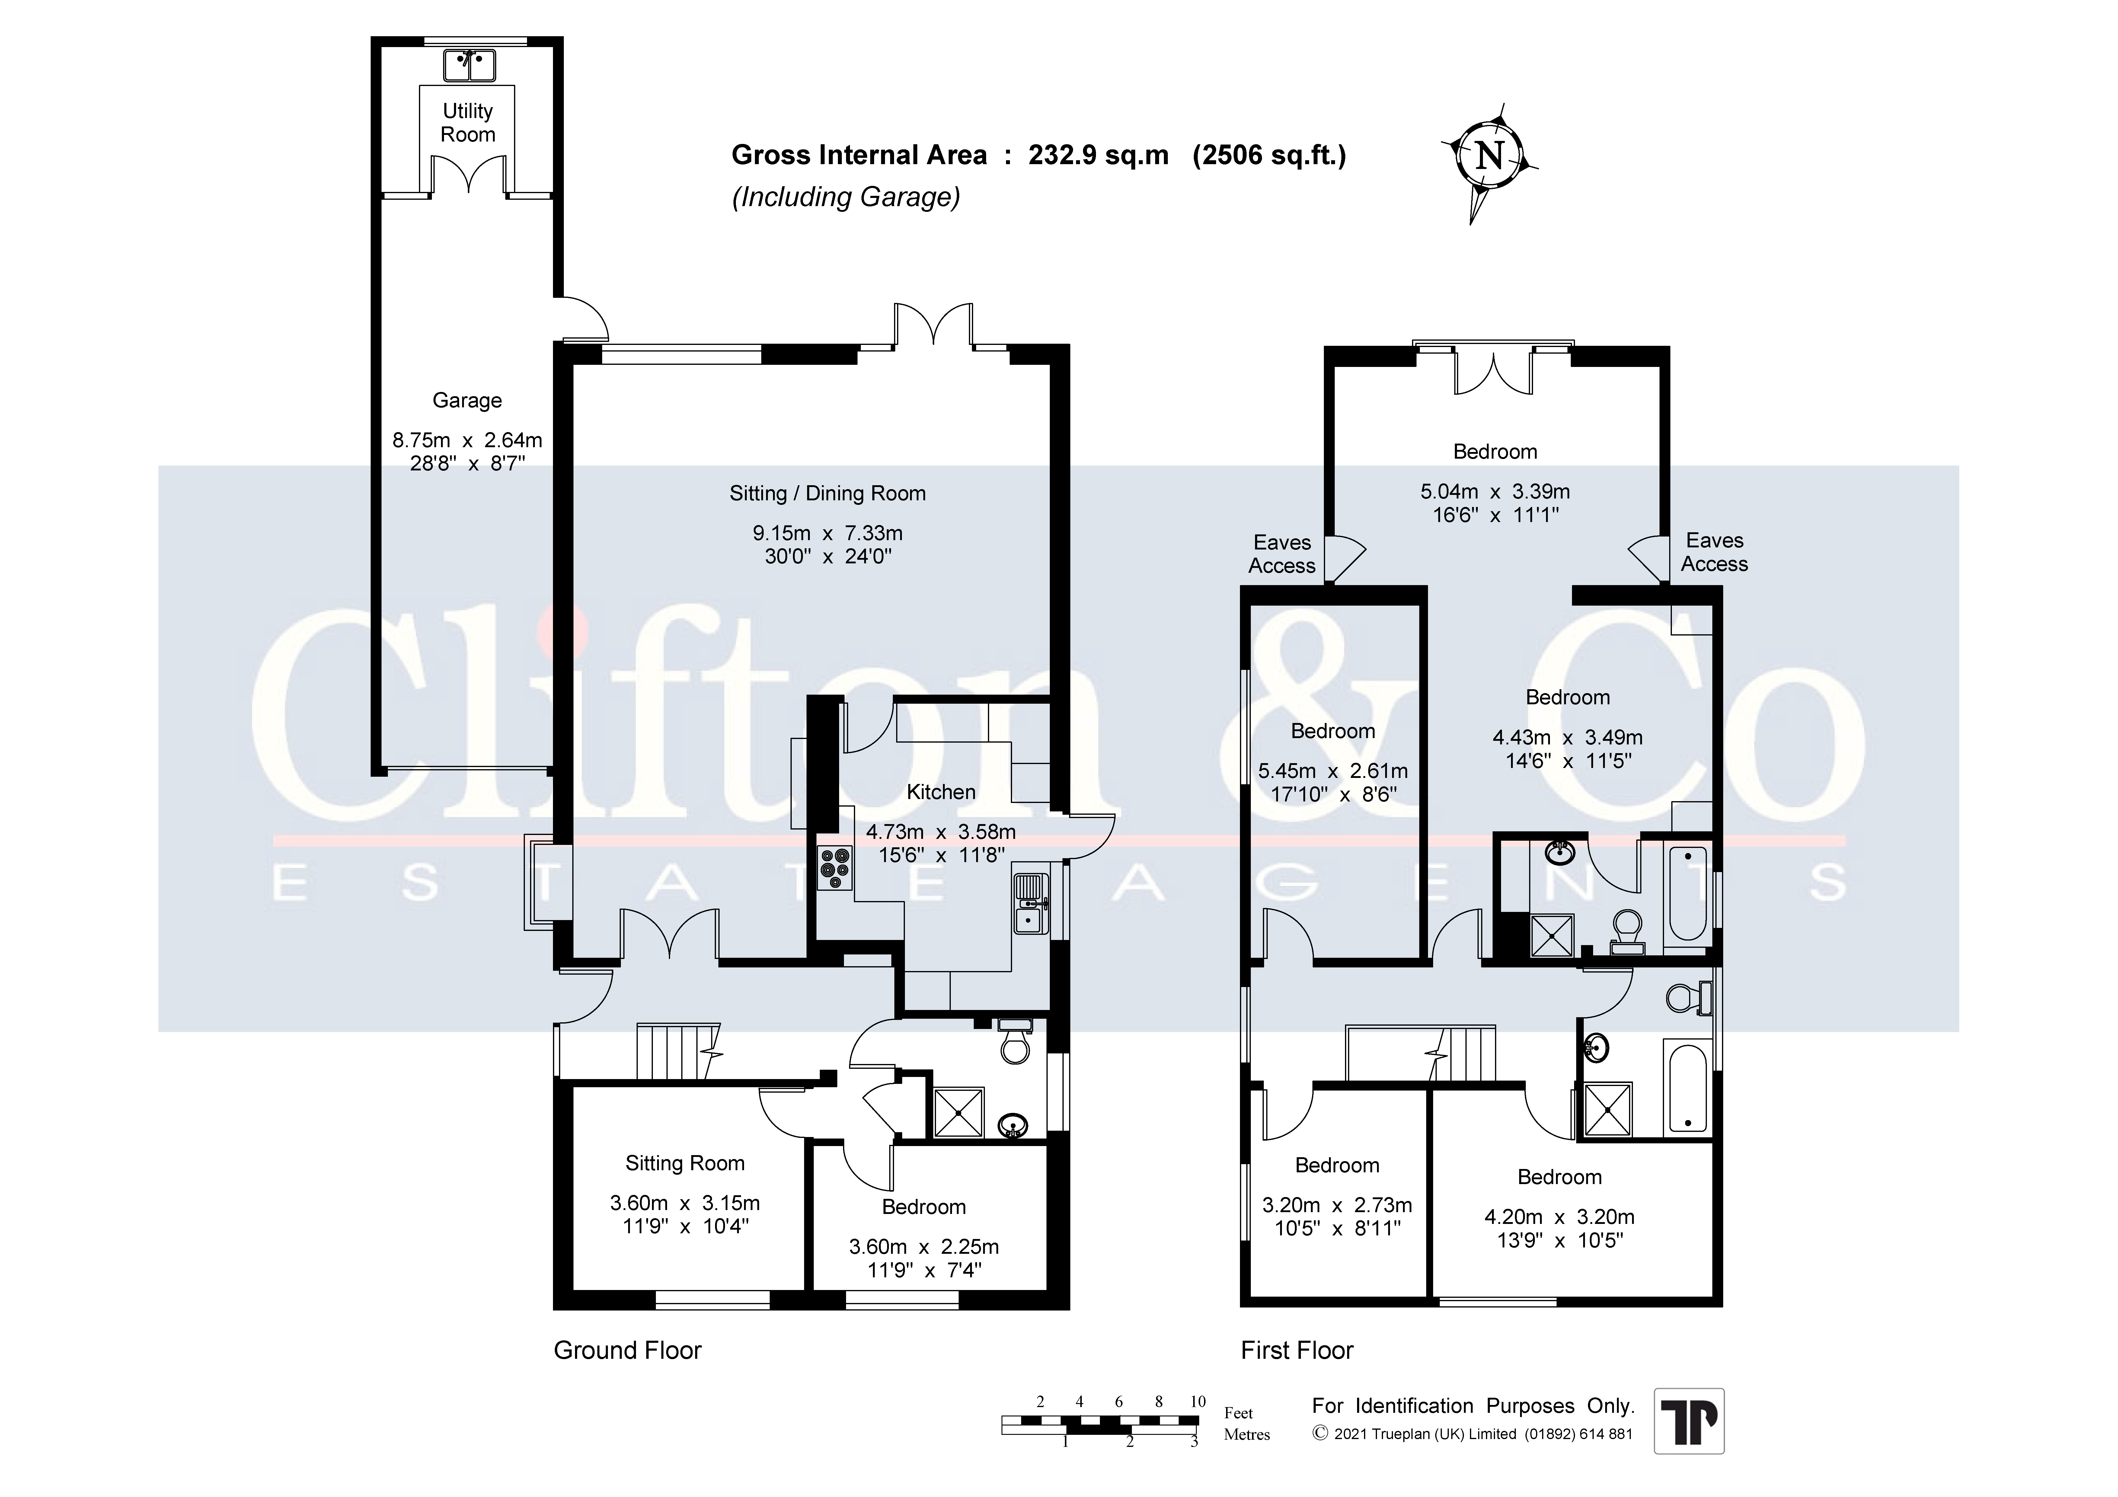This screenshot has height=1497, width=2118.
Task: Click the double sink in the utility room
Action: tap(470, 65)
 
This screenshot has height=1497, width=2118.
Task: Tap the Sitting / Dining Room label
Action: tap(827, 493)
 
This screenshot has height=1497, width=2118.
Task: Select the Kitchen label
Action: tap(941, 791)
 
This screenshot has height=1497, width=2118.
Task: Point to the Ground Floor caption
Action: tap(627, 1350)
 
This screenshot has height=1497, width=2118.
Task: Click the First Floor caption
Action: tap(1297, 1350)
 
